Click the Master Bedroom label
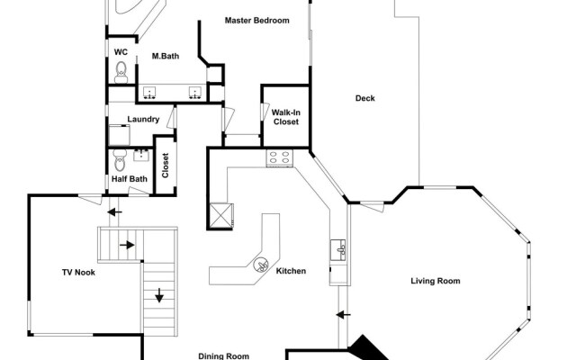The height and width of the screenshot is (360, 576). [256, 20]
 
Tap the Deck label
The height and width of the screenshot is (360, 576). [364, 99]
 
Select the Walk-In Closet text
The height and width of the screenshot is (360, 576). [285, 117]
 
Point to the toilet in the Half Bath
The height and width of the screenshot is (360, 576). [118, 162]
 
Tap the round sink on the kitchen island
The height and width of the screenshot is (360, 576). [262, 265]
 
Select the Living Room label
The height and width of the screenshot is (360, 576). [435, 282]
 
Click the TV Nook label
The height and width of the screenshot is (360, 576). [78, 273]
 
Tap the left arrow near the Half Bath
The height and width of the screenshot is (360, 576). [112, 213]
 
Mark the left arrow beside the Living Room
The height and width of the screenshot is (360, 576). [341, 315]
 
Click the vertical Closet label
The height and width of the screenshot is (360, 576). [166, 165]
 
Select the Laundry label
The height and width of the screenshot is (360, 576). [143, 120]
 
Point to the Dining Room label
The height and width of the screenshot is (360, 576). [223, 355]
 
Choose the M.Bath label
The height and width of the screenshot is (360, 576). [166, 57]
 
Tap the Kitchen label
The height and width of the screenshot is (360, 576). [291, 271]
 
